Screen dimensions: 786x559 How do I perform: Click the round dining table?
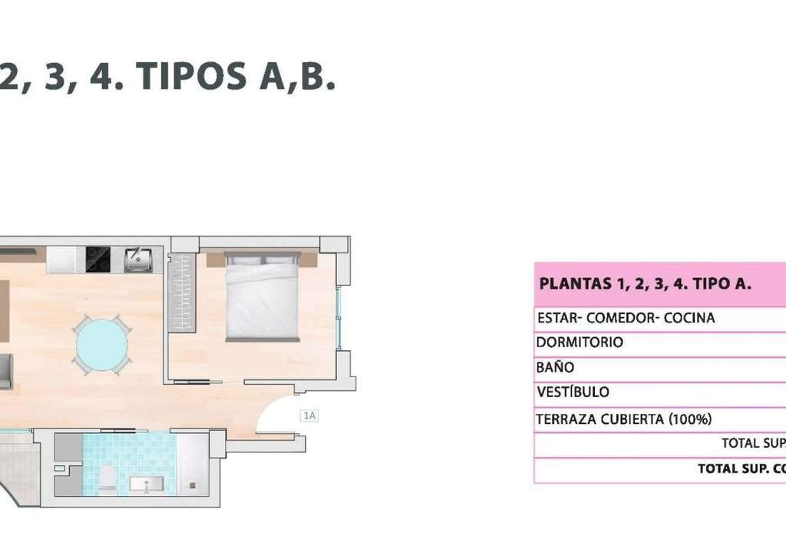click(102, 345)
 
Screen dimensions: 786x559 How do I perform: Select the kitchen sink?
click(138, 260)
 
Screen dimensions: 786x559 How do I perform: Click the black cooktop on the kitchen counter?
click(98, 260)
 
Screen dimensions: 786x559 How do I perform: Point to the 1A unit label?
click(309, 415)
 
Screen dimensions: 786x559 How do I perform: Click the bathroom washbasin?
click(147, 485)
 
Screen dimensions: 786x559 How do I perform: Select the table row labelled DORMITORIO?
click(660, 343)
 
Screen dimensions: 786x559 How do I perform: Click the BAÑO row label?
click(555, 368)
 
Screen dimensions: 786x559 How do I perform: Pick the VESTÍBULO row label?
click(573, 392)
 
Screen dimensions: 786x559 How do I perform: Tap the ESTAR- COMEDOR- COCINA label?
click(626, 318)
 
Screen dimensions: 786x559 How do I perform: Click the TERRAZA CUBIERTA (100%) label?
click(624, 419)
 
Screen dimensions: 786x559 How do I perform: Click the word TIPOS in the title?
click(191, 76)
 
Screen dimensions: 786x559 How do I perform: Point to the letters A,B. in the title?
click(297, 78)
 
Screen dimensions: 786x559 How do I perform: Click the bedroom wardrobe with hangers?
click(181, 291)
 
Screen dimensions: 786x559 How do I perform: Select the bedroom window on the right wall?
click(339, 317)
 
